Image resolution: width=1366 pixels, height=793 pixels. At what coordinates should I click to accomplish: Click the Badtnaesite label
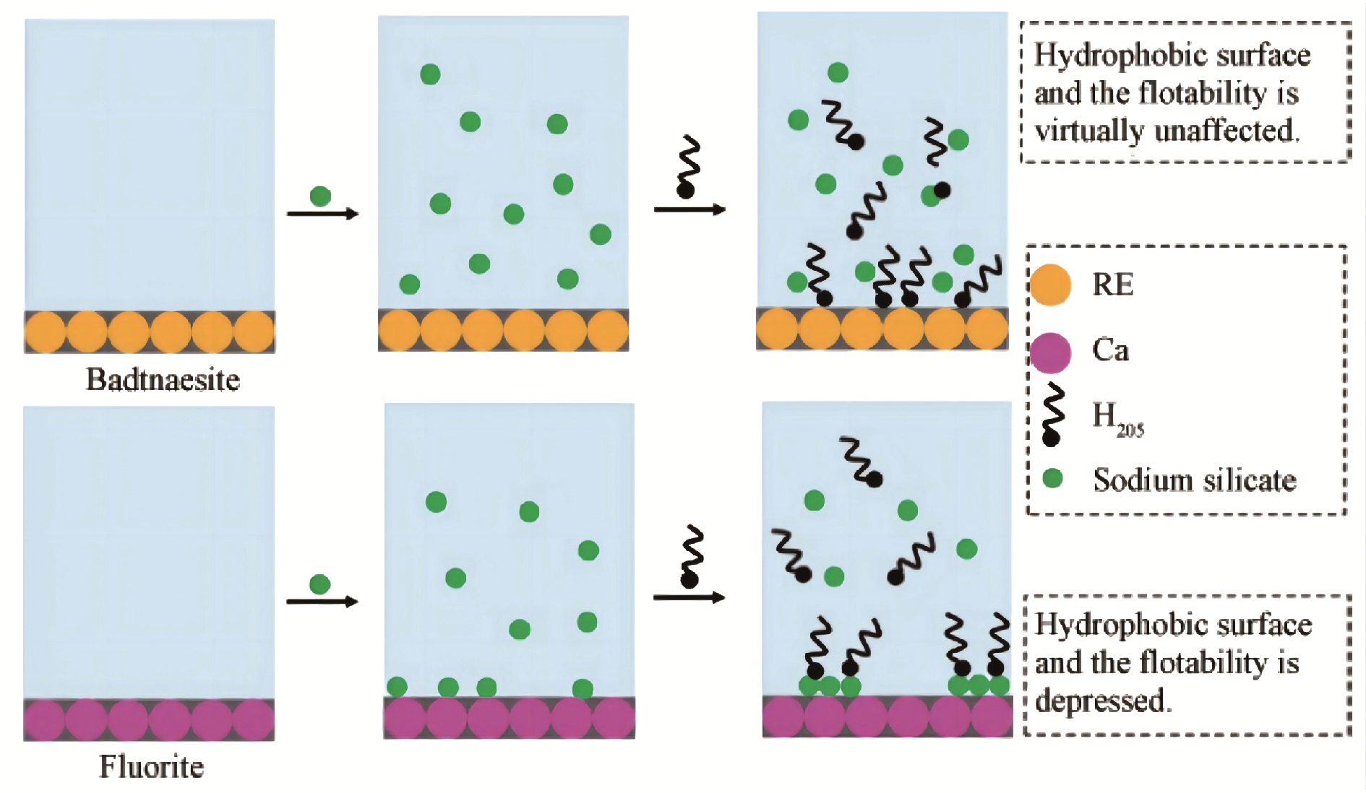coord(163,380)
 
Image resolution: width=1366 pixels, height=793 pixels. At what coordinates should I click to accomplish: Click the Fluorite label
coord(151,767)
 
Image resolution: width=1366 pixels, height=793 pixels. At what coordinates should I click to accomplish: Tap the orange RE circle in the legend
coord(1049,285)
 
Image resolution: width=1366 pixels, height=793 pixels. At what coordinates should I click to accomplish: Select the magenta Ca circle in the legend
coord(1049,352)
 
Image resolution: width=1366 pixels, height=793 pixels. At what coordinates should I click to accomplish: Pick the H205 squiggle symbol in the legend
coord(1052,415)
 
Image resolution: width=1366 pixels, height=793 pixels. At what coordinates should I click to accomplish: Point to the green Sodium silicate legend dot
coord(1052,478)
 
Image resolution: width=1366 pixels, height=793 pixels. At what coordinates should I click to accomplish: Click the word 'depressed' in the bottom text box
coord(1103,701)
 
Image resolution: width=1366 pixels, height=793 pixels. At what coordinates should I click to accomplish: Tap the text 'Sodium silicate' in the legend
coord(1195,480)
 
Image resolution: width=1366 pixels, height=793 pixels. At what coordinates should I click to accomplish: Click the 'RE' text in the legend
coord(1112,285)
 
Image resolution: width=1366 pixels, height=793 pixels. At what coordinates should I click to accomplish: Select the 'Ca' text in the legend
coord(1110,350)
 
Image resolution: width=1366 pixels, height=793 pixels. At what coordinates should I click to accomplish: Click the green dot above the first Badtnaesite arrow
coord(320,196)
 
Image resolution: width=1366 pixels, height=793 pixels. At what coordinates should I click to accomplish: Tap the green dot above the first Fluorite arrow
coord(319,584)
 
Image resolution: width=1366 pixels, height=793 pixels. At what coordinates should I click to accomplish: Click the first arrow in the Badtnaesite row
coord(322,214)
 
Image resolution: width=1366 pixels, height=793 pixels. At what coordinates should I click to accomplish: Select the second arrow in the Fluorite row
coord(689,597)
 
